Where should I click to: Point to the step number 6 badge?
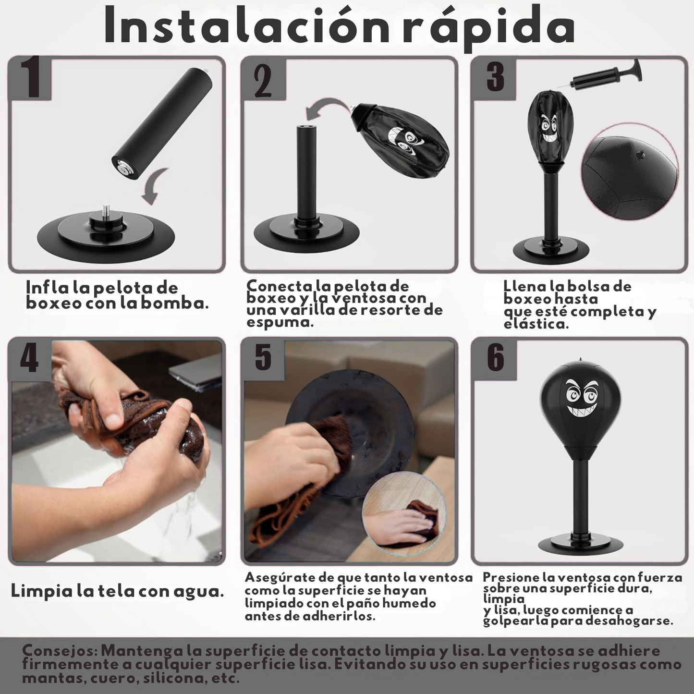pos(495,359)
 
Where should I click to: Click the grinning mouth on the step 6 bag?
pos(581,408)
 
